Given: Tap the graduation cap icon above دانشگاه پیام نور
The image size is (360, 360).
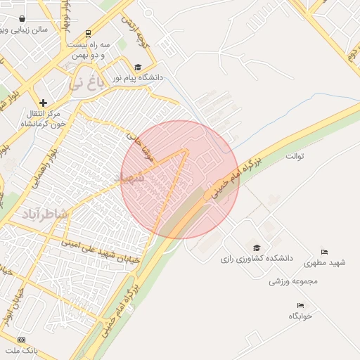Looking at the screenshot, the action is (138, 67).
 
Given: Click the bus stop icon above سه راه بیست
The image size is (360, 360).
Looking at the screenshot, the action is (87, 33).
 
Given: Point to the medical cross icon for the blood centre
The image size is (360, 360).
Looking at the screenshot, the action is (44, 103).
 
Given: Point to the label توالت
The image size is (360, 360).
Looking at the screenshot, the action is (294, 155).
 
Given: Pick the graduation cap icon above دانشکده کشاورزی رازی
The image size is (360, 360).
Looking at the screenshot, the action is (256, 248).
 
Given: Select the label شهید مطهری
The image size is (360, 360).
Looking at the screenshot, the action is (324, 263).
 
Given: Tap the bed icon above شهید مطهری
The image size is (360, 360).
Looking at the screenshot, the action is (324, 252).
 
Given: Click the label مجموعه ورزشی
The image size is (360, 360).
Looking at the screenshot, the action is (293, 281).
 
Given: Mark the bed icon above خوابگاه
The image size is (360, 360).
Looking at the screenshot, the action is (300, 306).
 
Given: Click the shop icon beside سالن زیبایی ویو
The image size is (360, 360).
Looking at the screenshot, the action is (22, 20).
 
